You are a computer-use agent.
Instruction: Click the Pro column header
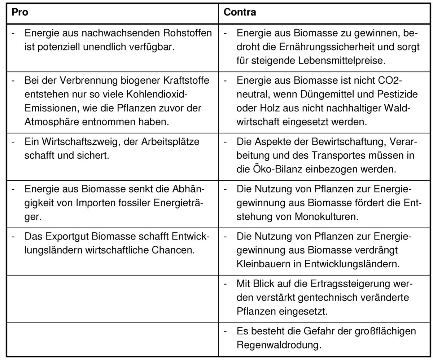click(20, 12)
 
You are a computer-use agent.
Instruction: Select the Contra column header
click(240, 12)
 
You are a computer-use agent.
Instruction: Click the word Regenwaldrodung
click(279, 344)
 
